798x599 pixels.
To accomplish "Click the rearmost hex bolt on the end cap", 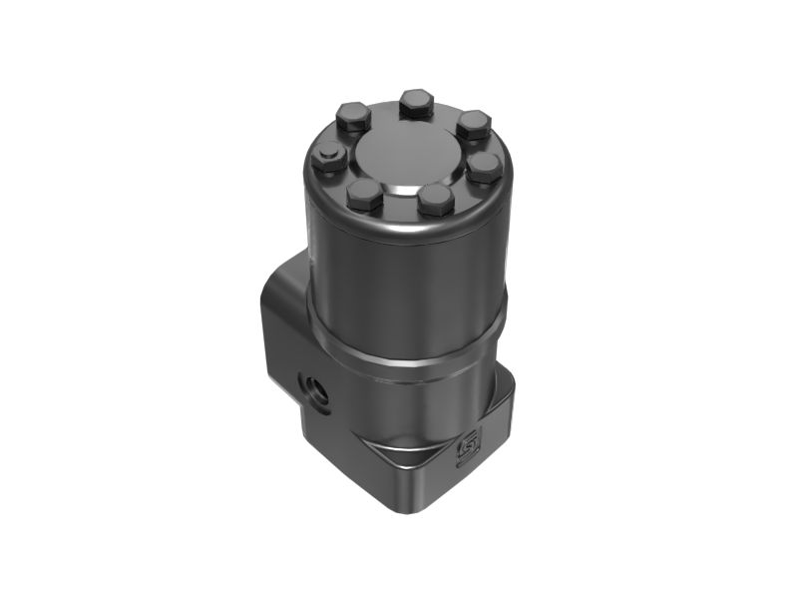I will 415,103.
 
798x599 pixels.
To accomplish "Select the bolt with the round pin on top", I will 329,159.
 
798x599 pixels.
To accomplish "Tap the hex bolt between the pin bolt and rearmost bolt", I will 354,119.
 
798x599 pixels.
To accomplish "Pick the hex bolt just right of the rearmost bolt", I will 473,125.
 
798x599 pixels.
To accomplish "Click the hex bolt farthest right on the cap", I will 485,166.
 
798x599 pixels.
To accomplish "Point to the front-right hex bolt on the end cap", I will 436,200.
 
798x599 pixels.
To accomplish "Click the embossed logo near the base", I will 466,451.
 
